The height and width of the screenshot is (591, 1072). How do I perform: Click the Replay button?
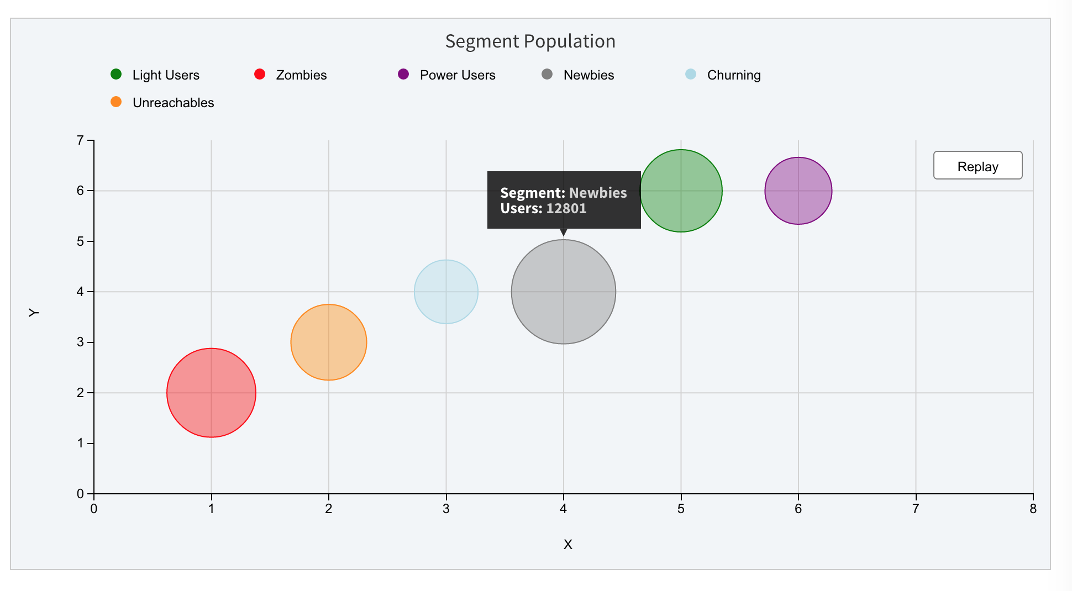978,166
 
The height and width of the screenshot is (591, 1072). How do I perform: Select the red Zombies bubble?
211,393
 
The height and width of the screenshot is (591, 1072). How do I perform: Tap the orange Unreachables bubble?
329,342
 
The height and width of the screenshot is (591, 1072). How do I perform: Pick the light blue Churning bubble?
446,292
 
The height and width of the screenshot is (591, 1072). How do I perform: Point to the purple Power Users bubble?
798,191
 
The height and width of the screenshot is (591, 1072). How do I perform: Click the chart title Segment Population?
530,41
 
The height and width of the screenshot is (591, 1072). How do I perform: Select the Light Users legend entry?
165,75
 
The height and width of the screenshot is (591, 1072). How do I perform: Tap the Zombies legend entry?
301,75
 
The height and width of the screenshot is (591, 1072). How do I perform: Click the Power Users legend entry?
457,75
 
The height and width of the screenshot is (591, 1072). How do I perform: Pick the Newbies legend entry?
588,75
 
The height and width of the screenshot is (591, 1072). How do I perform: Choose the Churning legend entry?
733,75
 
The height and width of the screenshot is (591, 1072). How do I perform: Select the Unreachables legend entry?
172,103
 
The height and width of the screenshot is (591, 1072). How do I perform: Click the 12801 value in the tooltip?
566,209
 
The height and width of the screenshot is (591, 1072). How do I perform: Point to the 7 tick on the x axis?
916,509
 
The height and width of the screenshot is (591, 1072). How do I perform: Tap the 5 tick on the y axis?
81,241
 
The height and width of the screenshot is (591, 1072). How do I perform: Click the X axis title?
567,545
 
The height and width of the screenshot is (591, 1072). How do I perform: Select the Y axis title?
34,313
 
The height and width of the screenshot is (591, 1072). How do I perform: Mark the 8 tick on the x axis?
1033,509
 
